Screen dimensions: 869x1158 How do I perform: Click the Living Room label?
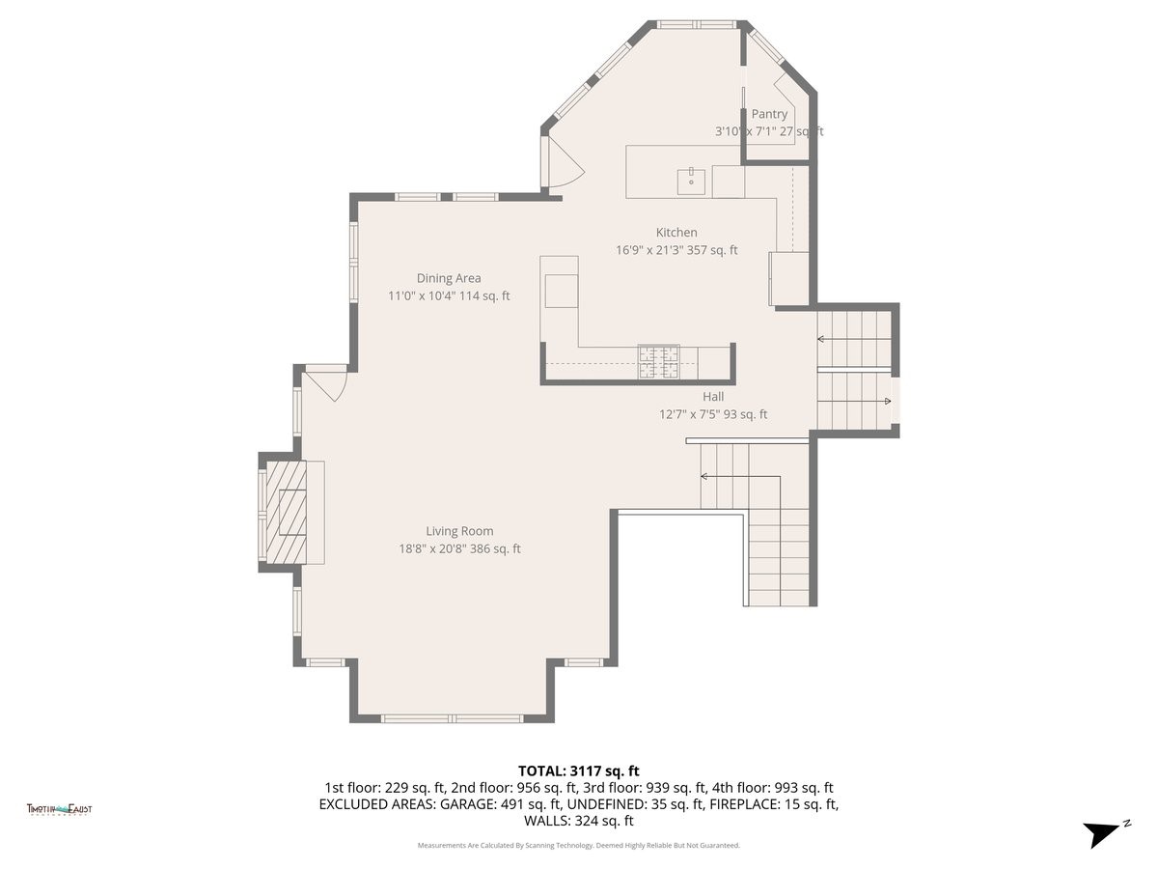[459, 531]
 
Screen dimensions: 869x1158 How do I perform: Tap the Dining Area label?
[449, 278]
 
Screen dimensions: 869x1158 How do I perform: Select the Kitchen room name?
[676, 232]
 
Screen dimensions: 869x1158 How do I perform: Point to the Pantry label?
[769, 114]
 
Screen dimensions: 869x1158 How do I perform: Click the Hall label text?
[713, 396]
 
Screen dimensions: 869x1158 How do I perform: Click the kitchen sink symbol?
[691, 180]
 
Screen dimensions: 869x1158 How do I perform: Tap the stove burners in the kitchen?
[658, 362]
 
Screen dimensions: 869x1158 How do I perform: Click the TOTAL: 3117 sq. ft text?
[579, 771]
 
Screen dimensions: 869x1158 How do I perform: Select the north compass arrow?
[1104, 833]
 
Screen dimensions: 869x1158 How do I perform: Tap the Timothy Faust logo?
[60, 809]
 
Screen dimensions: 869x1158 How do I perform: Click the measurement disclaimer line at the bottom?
[579, 845]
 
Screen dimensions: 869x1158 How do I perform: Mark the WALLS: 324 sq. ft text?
[579, 821]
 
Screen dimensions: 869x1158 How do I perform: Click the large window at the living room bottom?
[453, 718]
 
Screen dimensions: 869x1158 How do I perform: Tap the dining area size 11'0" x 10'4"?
[419, 295]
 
